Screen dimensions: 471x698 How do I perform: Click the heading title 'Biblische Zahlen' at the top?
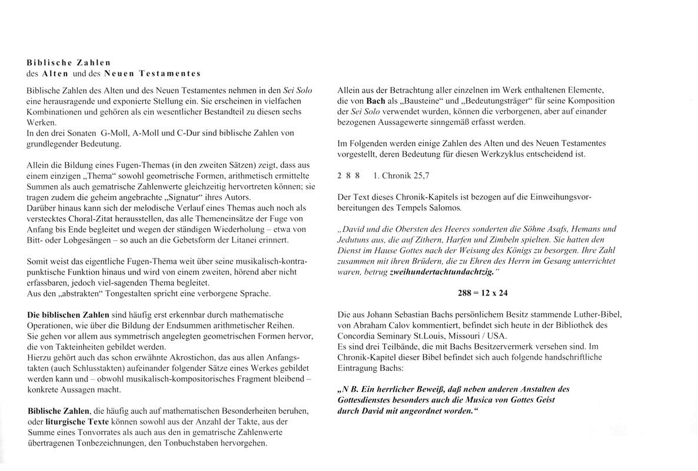[x=69, y=61]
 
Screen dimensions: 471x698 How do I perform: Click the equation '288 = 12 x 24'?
[x=483, y=292]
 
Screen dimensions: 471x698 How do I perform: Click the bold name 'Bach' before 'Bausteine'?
[x=375, y=101]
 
